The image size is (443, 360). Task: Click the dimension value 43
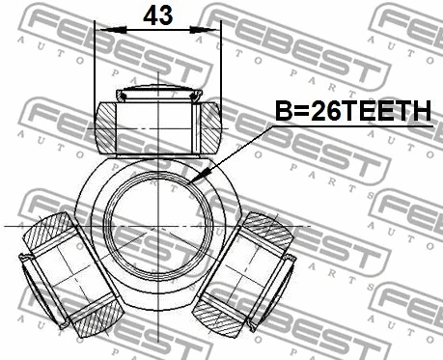158,16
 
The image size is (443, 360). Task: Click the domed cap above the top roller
158,95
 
